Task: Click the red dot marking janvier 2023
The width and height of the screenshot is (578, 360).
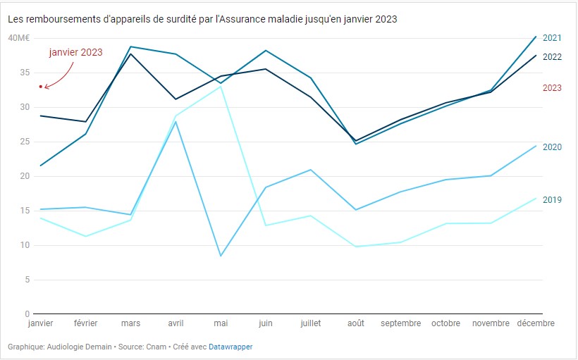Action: pos(41,87)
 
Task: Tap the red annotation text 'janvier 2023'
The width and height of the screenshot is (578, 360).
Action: pos(75,52)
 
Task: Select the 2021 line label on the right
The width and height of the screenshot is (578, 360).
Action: pos(552,38)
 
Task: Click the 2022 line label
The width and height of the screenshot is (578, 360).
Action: pos(552,56)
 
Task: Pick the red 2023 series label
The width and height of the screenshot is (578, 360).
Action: pos(552,88)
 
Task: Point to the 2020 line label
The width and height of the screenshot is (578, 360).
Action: pos(552,147)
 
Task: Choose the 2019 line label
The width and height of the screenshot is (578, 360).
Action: pos(552,199)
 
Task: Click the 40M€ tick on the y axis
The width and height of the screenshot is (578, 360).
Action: pos(18,38)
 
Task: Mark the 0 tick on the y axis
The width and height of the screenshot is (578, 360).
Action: pos(26,314)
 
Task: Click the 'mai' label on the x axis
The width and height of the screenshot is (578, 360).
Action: pos(221,323)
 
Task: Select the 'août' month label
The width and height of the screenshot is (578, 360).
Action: pos(356,323)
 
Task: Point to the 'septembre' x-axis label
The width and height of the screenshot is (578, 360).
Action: pos(400,323)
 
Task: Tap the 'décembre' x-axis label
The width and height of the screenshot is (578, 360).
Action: pos(535,323)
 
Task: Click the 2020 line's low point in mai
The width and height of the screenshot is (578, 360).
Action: pos(221,256)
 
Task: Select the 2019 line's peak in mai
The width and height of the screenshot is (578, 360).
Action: pos(221,86)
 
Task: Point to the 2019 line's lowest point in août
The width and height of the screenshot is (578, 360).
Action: pos(356,247)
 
